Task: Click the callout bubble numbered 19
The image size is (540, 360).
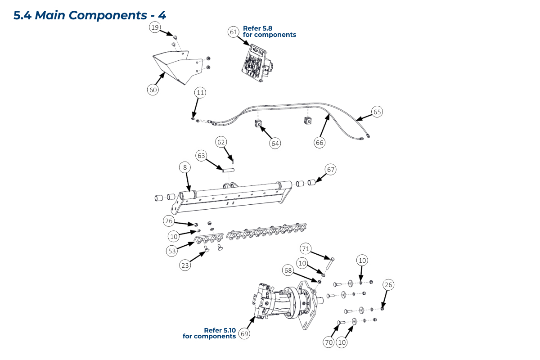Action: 155,28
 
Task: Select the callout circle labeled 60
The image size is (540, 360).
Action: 153,90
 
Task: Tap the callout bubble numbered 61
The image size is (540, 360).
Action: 233,32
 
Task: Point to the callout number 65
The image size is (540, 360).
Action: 377,112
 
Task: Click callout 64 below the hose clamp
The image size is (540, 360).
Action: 275,143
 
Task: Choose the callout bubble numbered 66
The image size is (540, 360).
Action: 319,143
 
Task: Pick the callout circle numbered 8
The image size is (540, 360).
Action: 184,167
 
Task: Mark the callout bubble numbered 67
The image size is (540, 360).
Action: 331,170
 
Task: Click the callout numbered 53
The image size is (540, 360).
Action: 172,251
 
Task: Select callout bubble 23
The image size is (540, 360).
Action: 185,265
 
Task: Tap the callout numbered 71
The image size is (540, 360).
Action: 306,248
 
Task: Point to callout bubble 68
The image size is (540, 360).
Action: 288,270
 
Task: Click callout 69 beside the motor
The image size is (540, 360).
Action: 244,334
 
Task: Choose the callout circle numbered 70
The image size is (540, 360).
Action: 328,342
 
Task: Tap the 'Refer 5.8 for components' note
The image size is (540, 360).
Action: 269,31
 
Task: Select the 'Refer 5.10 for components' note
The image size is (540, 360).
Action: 210,333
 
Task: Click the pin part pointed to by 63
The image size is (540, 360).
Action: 229,170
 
